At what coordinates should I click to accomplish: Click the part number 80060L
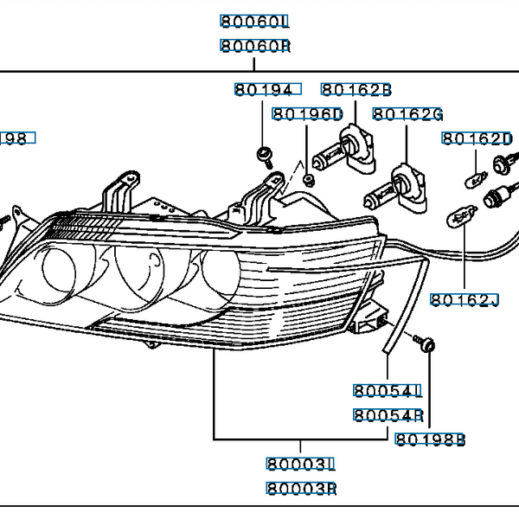(x=254, y=21)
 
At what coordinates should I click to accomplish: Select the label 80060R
(x=254, y=47)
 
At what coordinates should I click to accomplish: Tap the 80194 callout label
(x=266, y=88)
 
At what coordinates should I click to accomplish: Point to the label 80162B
(x=356, y=88)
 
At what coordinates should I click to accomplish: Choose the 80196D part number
(x=307, y=114)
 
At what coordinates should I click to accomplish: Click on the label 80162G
(x=407, y=114)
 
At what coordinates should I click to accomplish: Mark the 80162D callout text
(x=477, y=138)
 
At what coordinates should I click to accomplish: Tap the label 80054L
(x=387, y=390)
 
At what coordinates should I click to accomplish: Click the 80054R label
(x=387, y=415)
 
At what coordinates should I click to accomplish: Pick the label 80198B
(x=430, y=439)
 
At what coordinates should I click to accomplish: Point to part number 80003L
(x=300, y=465)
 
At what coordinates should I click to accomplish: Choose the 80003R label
(x=300, y=490)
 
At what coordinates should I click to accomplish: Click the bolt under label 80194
(x=264, y=156)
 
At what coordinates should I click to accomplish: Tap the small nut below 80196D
(x=309, y=179)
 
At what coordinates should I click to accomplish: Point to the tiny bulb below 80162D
(x=474, y=180)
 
